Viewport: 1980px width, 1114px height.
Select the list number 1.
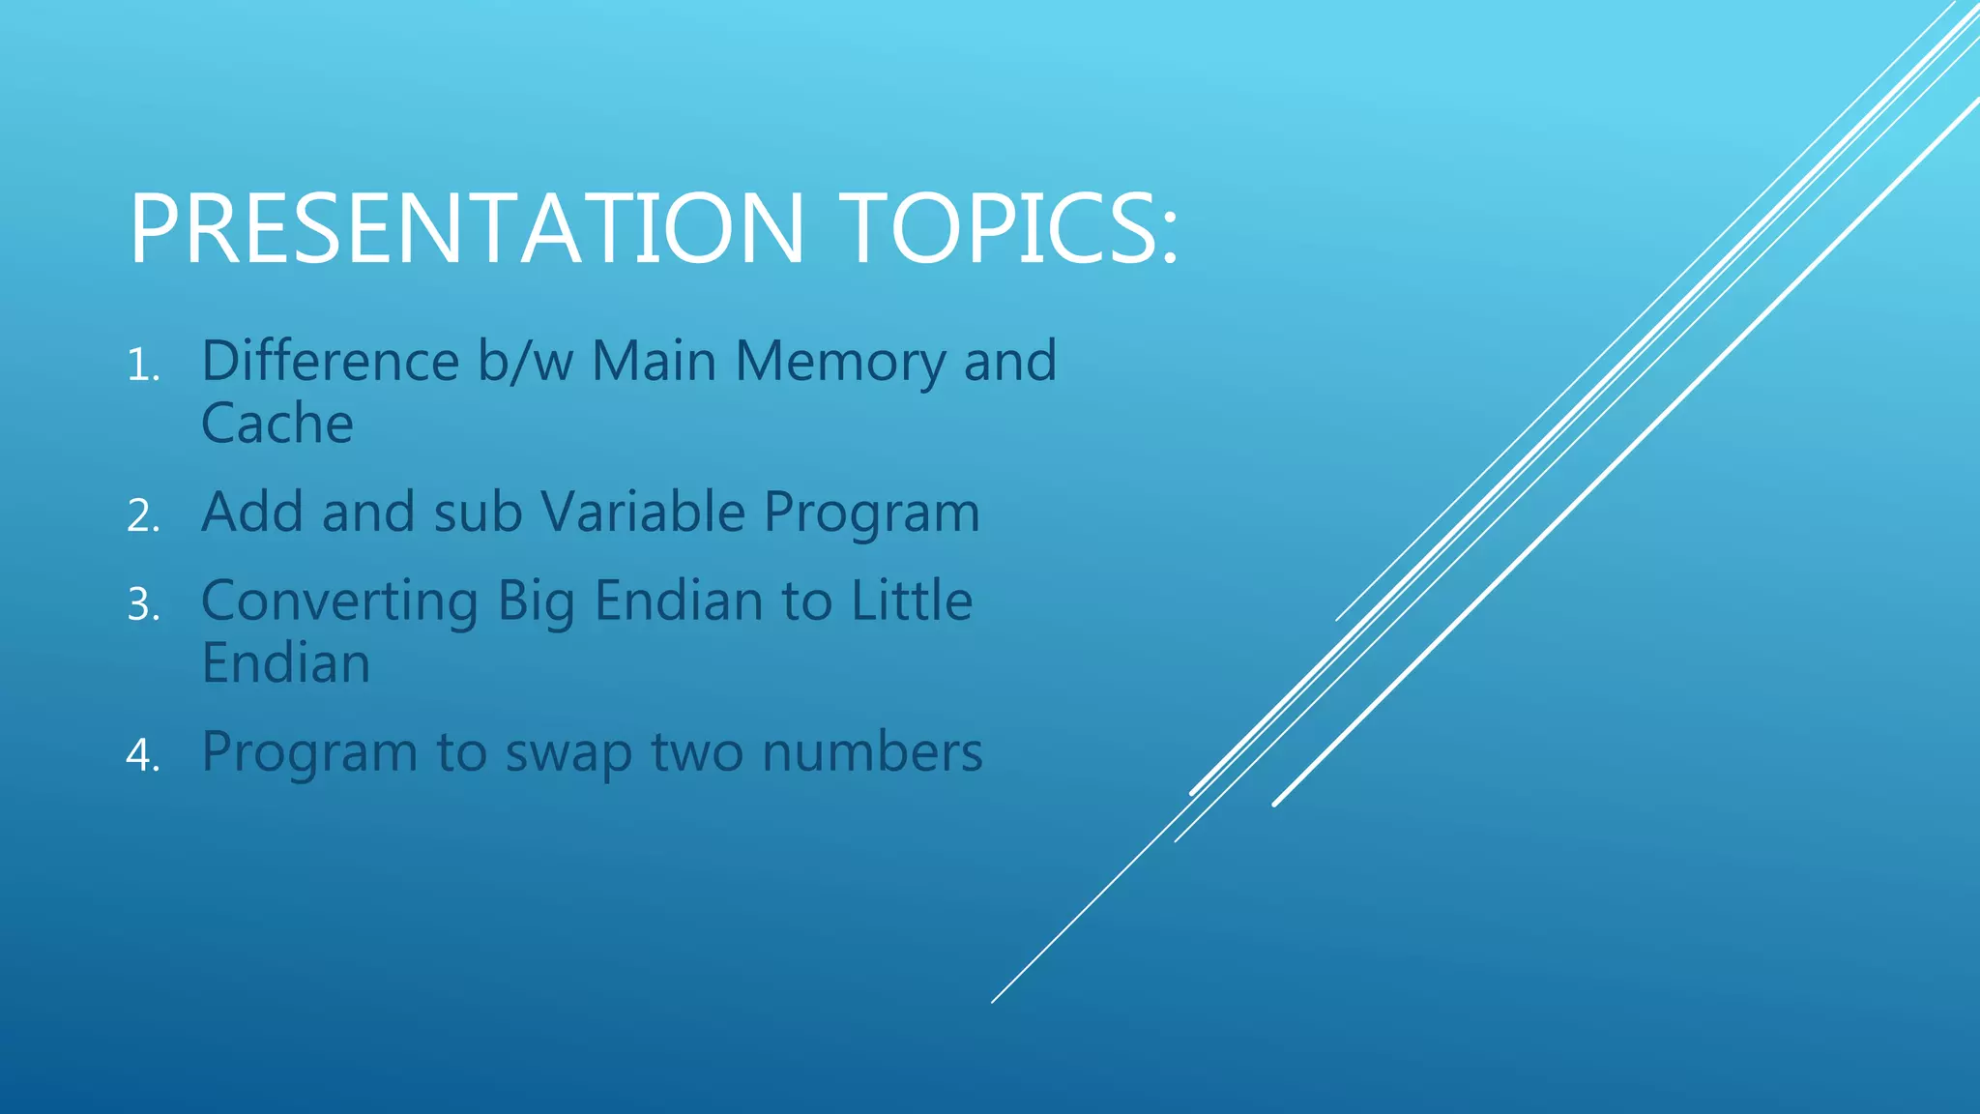pyautogui.click(x=142, y=366)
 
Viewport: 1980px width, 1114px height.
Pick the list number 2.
pyautogui.click(x=142, y=516)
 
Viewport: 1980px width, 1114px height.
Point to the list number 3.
pyautogui.click(x=142, y=605)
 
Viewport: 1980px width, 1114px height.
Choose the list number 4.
pyautogui.click(x=142, y=755)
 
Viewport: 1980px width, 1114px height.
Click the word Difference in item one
pyautogui.click(x=330, y=361)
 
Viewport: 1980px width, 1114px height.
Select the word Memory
pyautogui.click(x=839, y=363)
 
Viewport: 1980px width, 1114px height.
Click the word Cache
pyautogui.click(x=277, y=424)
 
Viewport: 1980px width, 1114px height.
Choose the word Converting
pyautogui.click(x=339, y=601)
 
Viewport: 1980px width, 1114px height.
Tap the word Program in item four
pyautogui.click(x=308, y=753)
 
